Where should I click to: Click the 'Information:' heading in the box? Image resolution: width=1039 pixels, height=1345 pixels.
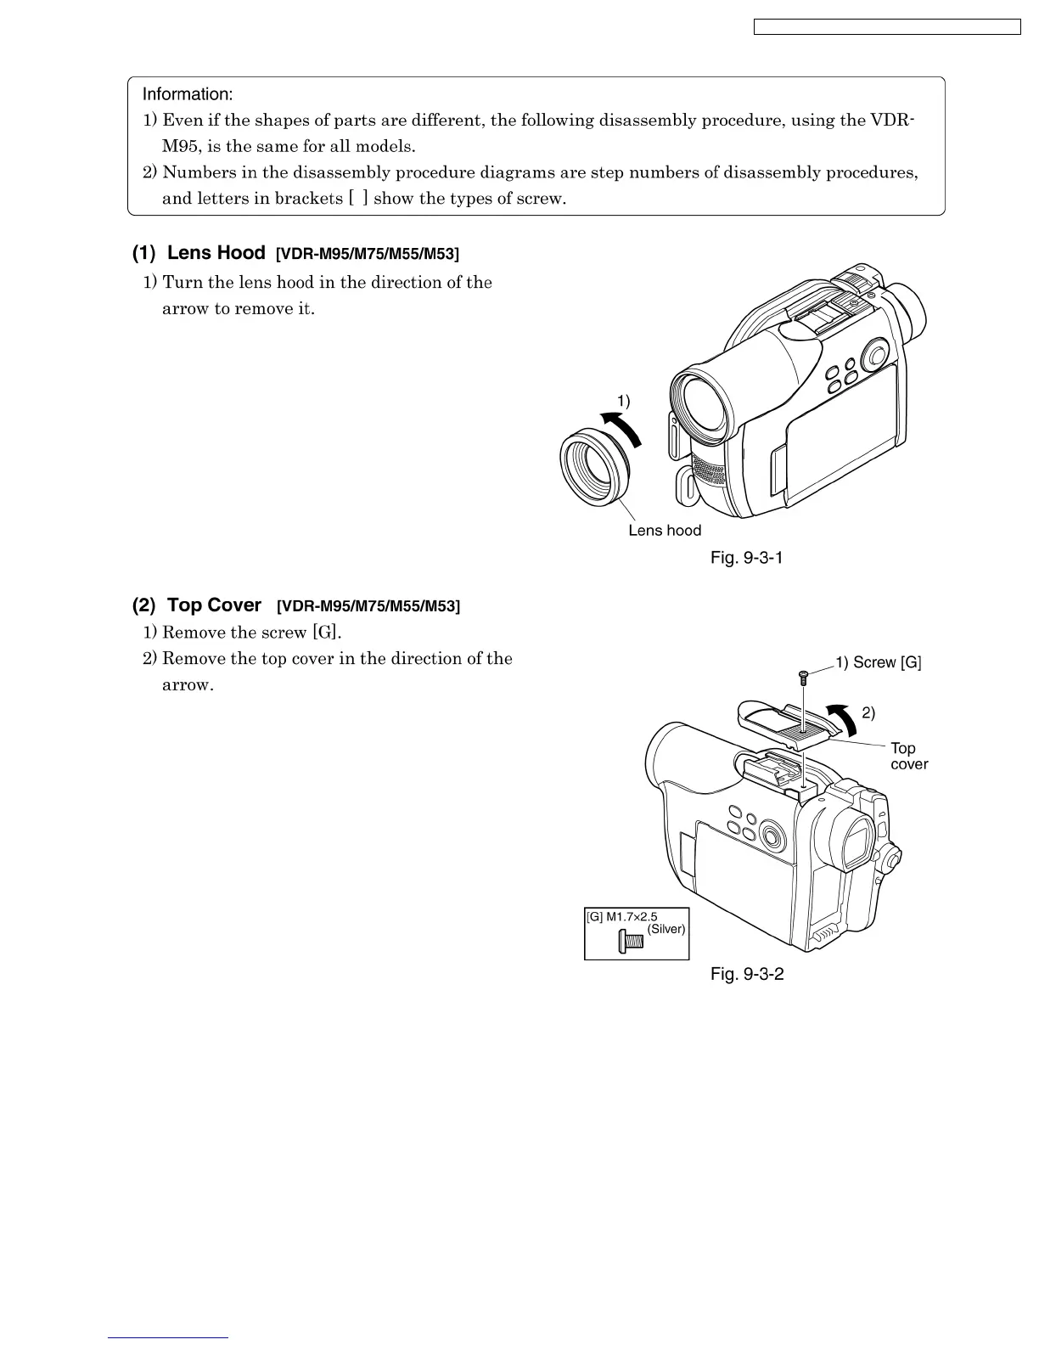coord(187,93)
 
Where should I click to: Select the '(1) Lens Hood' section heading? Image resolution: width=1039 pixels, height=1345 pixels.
coord(199,253)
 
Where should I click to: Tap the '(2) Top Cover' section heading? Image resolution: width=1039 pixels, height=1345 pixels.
coord(197,605)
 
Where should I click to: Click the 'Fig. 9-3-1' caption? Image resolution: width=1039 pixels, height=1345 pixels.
coord(746,558)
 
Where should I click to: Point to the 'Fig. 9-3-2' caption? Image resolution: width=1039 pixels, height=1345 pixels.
coord(747,974)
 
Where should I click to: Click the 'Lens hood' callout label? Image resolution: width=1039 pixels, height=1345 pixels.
coord(665,531)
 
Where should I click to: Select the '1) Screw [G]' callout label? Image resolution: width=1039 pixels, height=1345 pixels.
coord(879,663)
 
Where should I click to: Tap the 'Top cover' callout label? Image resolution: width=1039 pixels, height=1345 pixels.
coord(908,756)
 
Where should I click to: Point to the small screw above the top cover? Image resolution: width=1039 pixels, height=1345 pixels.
coord(802,677)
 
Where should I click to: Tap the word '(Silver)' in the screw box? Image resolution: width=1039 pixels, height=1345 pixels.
coord(666,929)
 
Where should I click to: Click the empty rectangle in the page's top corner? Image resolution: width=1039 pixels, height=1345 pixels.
coord(887,27)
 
